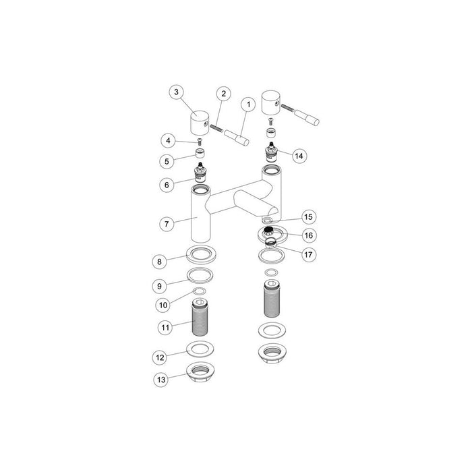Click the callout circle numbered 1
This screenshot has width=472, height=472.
pyautogui.click(x=248, y=105)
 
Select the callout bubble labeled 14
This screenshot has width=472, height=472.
pyautogui.click(x=299, y=155)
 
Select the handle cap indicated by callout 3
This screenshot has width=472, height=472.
pyautogui.click(x=200, y=123)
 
